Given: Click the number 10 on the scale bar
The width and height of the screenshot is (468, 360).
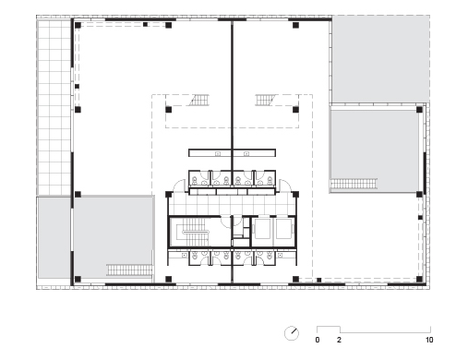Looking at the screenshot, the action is click(429, 340).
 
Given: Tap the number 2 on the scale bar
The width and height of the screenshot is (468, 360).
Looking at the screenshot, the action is click(339, 340).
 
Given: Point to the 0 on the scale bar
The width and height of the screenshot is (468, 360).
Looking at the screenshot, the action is click(318, 340).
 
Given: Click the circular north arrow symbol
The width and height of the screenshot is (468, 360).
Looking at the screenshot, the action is click(292, 333).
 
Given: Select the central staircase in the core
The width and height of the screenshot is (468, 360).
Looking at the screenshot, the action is click(195, 232).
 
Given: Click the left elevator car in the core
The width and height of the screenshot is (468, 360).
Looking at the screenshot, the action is click(262, 229).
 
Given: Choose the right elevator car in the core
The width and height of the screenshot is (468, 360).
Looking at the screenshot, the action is click(284, 229).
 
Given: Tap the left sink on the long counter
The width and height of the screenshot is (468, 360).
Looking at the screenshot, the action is click(218, 153).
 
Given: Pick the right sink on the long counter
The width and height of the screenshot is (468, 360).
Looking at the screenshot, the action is click(246, 153).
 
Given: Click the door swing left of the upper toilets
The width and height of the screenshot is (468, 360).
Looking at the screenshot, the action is click(180, 186).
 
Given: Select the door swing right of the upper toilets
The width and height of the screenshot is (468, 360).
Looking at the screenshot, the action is click(284, 186).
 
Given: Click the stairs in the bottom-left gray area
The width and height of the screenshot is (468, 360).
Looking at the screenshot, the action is click(129, 270).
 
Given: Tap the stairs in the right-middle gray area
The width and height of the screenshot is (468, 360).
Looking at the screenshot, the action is click(354, 184).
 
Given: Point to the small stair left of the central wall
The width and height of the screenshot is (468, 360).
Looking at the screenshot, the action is click(198, 100).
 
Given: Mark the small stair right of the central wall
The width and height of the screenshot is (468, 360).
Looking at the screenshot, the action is click(266, 100).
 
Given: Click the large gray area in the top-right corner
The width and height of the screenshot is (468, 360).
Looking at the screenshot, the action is click(380, 59).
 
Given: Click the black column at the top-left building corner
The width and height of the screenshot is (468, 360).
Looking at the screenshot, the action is click(78, 25).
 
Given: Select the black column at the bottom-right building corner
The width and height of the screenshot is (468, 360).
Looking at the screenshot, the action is click(419, 280).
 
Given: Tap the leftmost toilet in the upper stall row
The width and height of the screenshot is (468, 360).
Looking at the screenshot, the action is click(195, 180).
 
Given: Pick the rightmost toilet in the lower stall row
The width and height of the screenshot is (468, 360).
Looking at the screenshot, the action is click(270, 255).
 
